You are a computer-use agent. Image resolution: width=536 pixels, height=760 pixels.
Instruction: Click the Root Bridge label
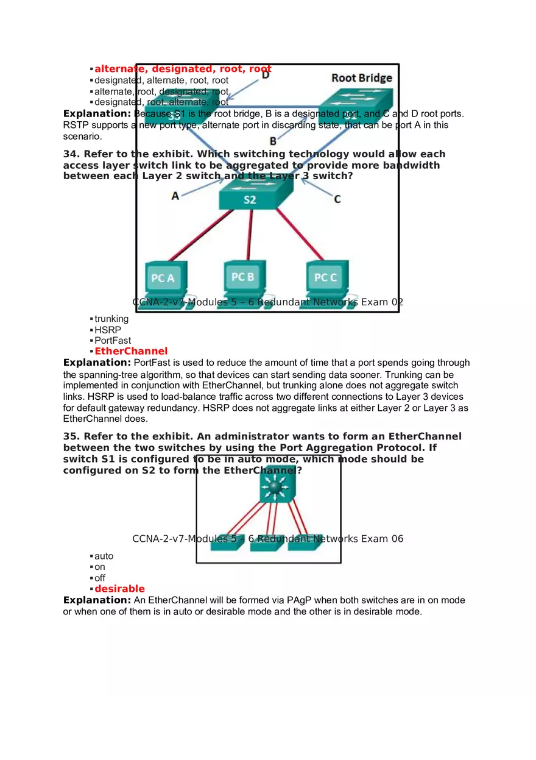click(361, 77)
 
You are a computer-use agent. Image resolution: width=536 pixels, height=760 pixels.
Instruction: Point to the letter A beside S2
click(175, 196)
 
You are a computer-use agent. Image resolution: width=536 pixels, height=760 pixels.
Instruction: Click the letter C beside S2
click(337, 199)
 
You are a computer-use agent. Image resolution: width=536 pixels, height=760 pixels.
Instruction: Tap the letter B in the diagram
click(273, 141)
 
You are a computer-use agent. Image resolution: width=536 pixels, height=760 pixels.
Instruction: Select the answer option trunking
click(111, 319)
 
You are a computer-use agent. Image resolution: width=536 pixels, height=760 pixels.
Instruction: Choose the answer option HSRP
click(107, 330)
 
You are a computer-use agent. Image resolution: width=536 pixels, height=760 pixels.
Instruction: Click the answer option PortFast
click(113, 341)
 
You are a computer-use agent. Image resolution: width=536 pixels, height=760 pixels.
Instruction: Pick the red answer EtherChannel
click(130, 351)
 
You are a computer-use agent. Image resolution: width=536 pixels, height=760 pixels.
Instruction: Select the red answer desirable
click(119, 589)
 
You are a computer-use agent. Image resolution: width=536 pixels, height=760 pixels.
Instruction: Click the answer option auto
click(104, 556)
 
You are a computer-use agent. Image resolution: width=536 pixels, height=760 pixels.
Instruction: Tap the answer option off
click(100, 578)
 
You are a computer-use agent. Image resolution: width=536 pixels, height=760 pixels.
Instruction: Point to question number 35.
click(71, 436)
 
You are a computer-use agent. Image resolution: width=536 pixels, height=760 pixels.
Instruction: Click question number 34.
click(71, 154)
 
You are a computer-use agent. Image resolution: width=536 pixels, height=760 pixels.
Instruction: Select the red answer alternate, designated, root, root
click(183, 69)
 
